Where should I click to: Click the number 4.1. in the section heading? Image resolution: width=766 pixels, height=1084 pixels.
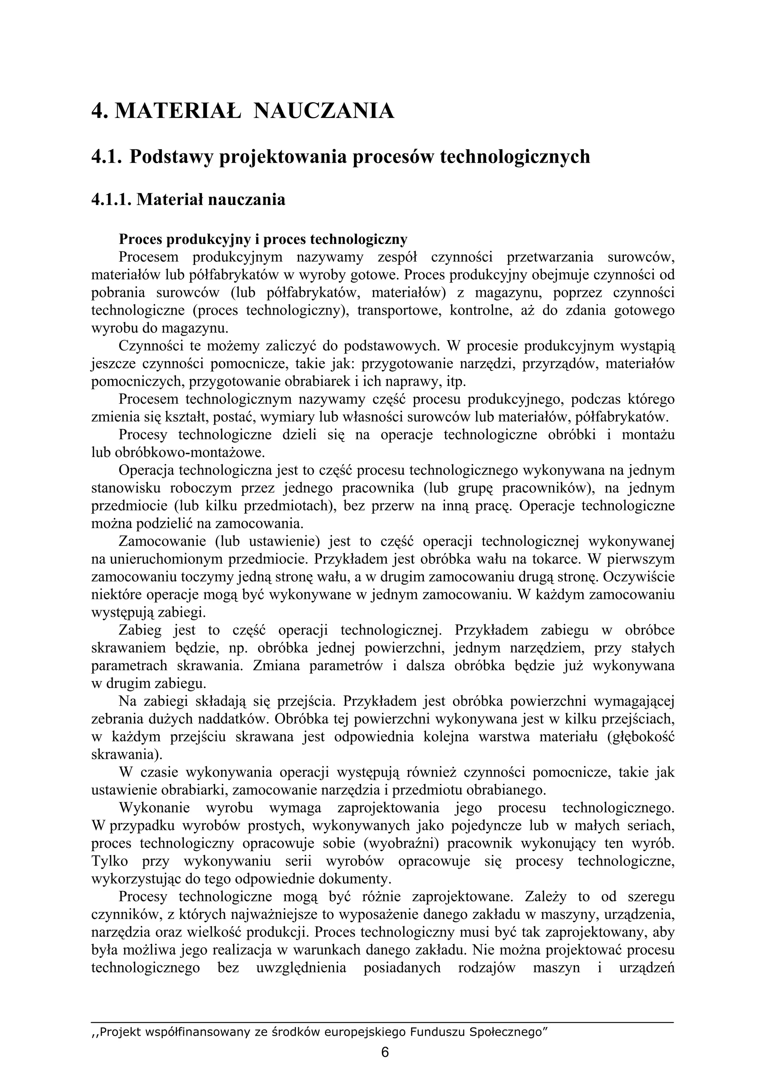[107, 157]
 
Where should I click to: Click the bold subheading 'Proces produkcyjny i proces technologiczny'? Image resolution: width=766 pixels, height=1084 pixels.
[263, 240]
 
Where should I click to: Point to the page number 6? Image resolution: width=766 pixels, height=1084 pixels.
[384, 1052]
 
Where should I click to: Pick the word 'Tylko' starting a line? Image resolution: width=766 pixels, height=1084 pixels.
[110, 861]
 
